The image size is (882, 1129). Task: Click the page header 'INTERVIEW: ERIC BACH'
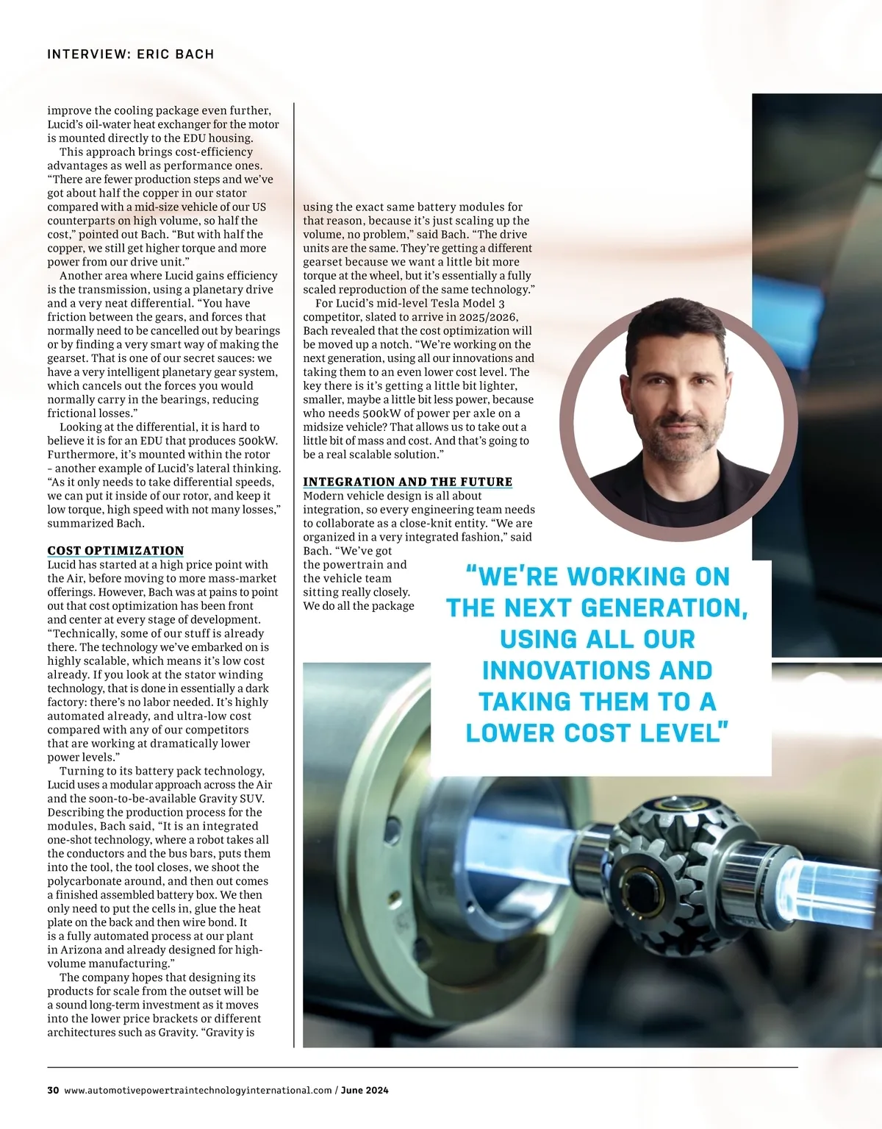(x=130, y=54)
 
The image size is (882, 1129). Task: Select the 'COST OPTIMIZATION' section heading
(x=115, y=550)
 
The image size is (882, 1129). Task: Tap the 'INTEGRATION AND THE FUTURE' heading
(x=407, y=482)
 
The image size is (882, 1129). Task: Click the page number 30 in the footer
(x=53, y=1090)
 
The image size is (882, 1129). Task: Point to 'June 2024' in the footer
(x=365, y=1090)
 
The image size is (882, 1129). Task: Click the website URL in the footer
(x=198, y=1090)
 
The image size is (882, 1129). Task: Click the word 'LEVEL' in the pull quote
(x=679, y=733)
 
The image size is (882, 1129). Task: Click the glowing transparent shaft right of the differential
(x=823, y=883)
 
